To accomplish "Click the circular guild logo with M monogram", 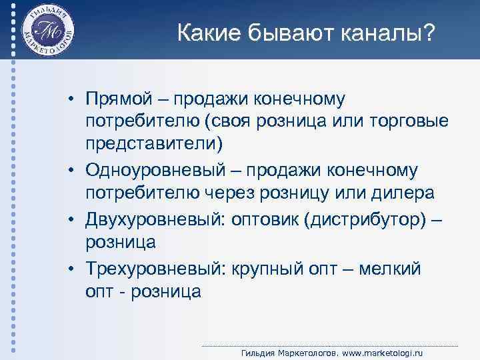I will coord(47,31).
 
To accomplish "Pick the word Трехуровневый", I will coord(155,269).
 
